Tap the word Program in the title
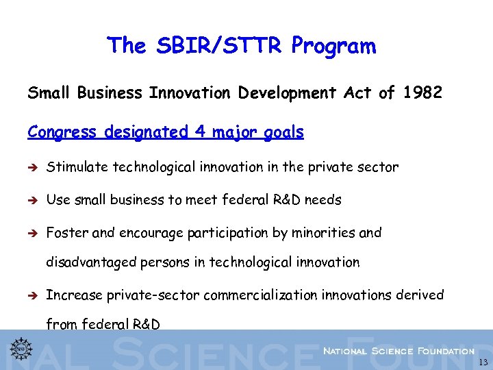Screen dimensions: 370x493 click(333, 46)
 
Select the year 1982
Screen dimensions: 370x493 click(422, 92)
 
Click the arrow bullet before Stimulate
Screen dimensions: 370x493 click(32, 167)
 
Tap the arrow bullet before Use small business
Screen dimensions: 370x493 click(32, 200)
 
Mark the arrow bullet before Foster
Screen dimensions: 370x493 click(32, 233)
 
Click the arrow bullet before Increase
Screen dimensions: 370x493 click(32, 295)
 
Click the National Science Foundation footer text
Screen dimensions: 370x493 click(399, 351)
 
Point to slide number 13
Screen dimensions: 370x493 click(483, 362)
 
